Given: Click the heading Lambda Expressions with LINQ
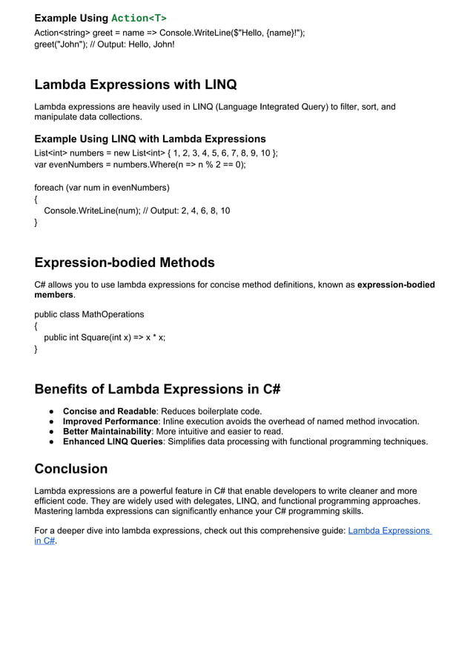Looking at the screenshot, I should [x=136, y=84].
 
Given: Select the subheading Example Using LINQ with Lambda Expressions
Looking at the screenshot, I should [x=150, y=139].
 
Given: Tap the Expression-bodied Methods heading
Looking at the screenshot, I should [x=125, y=263].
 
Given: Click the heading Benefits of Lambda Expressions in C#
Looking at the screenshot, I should [x=157, y=389].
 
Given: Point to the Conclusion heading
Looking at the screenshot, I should [x=71, y=469].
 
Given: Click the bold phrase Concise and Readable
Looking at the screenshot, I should [x=110, y=411].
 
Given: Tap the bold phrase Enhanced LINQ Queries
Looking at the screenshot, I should [x=113, y=442].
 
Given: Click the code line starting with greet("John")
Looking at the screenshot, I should [x=105, y=45].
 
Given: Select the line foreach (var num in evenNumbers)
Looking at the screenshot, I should [x=102, y=187].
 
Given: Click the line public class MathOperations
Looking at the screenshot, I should [x=89, y=314].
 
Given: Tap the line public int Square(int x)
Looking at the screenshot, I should [x=105, y=337].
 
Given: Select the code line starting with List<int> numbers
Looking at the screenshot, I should [x=156, y=153].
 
